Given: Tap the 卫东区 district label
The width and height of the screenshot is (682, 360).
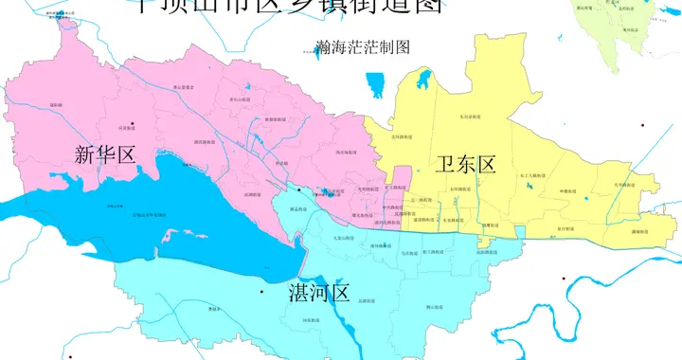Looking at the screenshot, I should click(466, 164).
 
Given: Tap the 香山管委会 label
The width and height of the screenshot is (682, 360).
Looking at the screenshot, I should click(183, 87).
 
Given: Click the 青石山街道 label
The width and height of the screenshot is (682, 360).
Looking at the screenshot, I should click(240, 98).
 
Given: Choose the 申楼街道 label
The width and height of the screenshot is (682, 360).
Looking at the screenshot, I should click(568, 191).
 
